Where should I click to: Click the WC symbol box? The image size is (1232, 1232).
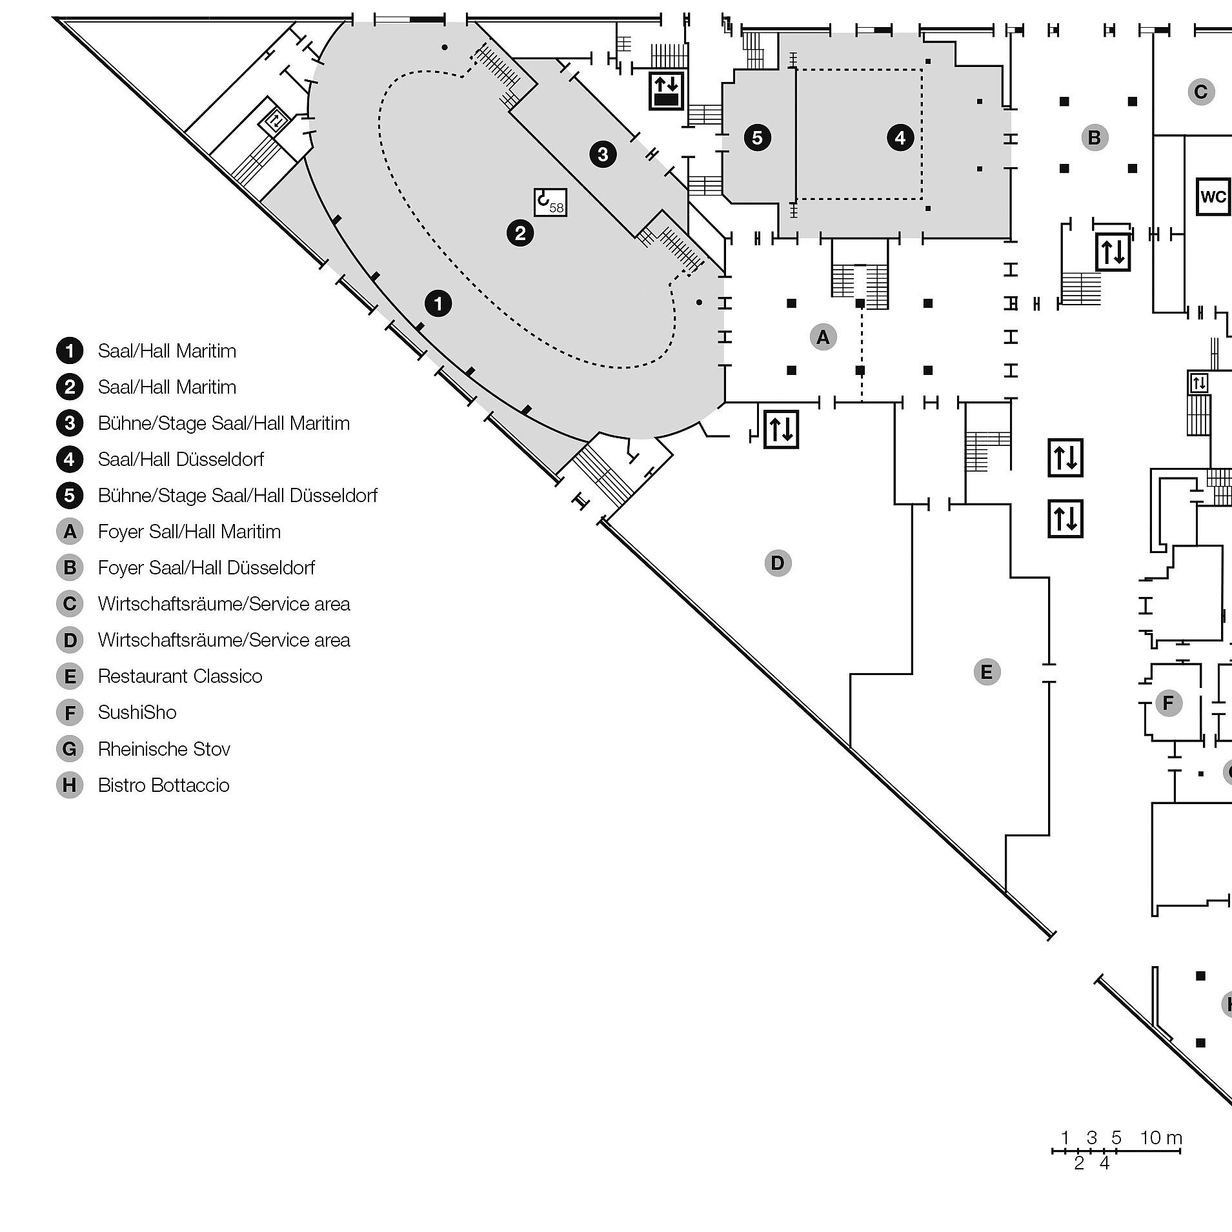[1213, 196]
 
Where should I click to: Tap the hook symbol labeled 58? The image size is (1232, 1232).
[550, 202]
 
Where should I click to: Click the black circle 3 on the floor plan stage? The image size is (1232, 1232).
[603, 154]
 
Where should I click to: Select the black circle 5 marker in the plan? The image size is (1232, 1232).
[757, 137]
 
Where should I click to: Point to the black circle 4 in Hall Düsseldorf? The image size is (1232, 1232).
[900, 137]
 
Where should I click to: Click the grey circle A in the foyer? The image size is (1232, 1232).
[823, 337]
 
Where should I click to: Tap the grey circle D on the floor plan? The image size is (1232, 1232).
[778, 563]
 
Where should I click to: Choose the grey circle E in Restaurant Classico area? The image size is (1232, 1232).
[986, 672]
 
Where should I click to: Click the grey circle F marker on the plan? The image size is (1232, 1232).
[1168, 703]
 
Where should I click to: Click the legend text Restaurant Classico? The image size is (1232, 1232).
[180, 676]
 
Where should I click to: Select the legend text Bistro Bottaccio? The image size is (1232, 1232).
[163, 785]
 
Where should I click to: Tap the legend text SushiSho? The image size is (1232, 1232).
[137, 712]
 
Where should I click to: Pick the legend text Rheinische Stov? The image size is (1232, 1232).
[164, 749]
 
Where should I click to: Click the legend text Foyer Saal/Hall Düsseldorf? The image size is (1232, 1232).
[206, 568]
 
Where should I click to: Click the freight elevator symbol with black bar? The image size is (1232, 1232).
[666, 91]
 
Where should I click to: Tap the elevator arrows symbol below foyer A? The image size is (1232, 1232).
[781, 429]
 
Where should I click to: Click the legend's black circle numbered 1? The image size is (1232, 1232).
[70, 351]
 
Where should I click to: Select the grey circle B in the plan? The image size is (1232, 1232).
[1094, 137]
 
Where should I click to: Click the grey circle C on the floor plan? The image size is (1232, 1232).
[1200, 92]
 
